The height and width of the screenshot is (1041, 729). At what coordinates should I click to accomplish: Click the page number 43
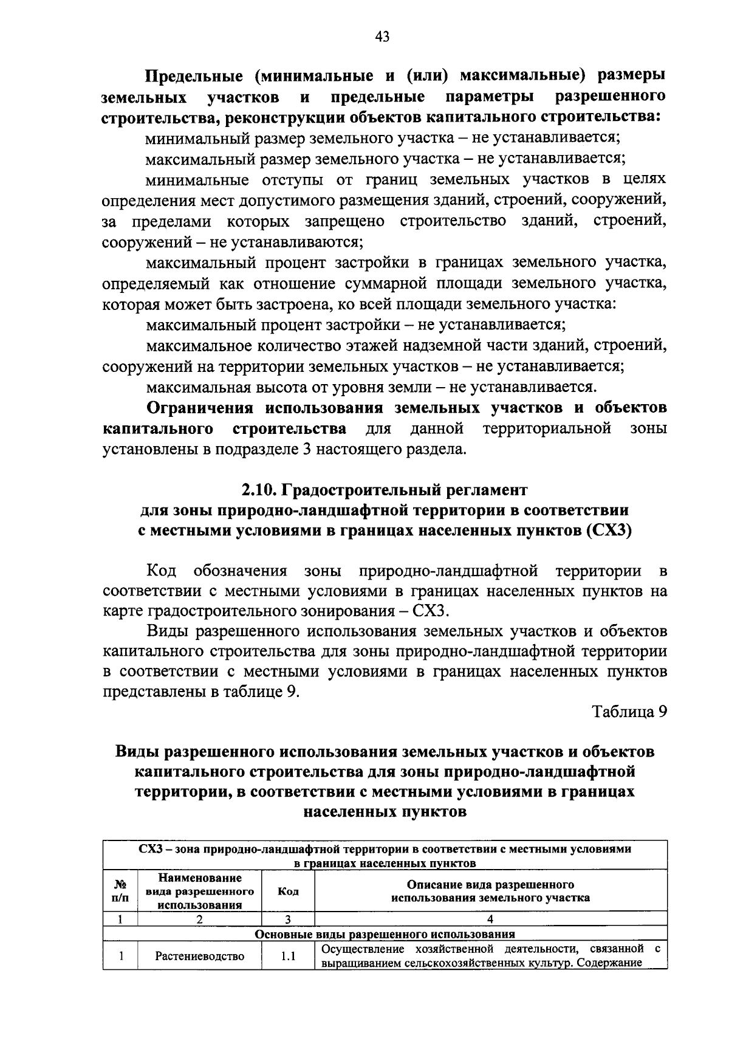click(x=382, y=38)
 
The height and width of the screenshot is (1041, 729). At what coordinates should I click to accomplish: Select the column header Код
click(x=287, y=892)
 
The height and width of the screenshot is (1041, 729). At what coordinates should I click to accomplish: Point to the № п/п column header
click(x=120, y=892)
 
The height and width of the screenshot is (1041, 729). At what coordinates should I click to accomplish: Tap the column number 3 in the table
click(x=287, y=919)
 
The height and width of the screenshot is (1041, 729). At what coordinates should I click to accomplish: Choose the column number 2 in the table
click(x=199, y=919)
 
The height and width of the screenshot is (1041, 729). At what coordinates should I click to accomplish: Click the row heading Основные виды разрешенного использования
click(x=385, y=934)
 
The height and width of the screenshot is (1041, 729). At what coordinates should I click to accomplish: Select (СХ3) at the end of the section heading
click(x=609, y=531)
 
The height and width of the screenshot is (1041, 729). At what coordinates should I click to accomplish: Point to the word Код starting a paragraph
click(x=161, y=571)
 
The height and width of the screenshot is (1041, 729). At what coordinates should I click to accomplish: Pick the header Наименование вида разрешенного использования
click(x=199, y=892)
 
